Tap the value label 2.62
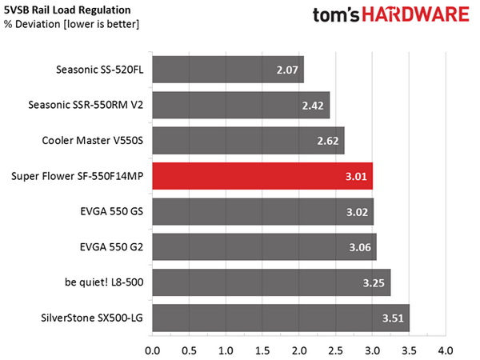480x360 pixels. pos(328,142)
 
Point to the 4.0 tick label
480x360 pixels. pos(446,350)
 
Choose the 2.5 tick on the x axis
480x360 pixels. pos(335,350)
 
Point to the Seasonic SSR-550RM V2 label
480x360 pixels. pos(84,106)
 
